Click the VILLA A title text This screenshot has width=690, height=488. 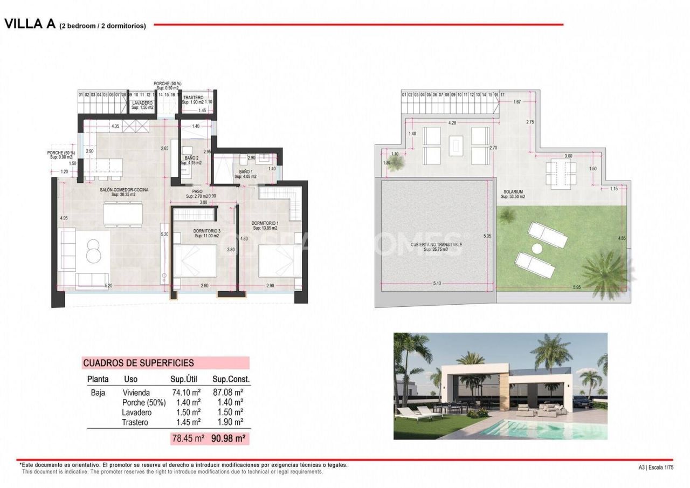30,24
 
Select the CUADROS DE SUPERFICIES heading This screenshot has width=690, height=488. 138,363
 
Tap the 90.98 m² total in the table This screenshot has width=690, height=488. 228,439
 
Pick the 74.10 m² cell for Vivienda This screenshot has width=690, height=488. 185,393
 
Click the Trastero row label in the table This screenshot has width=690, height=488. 135,422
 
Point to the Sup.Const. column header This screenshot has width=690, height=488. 231,379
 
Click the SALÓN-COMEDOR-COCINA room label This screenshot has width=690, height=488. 123,190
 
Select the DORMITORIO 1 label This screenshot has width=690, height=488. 265,223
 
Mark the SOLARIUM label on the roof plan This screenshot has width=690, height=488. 513,191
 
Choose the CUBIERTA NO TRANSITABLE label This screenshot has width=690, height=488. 437,244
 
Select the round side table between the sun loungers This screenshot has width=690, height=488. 537,249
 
